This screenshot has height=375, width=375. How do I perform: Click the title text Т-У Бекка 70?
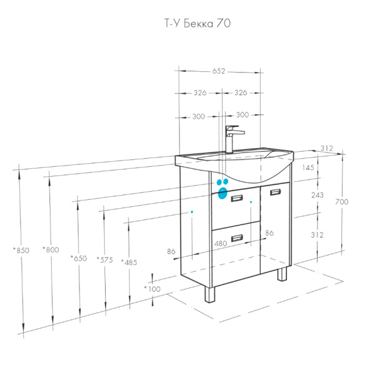pos(197,24)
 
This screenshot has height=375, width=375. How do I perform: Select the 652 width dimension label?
pos(219,71)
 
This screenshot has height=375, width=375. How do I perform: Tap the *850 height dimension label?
pos(21,251)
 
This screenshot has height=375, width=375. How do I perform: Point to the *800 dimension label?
pos(51,249)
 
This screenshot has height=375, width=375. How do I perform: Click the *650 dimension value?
pos(79,258)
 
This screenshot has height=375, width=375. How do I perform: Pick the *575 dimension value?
pos(104,259)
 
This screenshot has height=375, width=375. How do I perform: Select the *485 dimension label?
pos(129,262)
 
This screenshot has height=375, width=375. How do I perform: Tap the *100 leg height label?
pos(152,289)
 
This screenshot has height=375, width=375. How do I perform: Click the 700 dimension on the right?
pos(342,202)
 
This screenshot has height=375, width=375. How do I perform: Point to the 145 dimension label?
pos(308,167)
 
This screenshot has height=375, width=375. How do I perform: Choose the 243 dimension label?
pos(317,195)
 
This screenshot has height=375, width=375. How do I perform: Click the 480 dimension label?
pos(221,244)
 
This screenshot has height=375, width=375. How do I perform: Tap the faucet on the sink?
pos(232,139)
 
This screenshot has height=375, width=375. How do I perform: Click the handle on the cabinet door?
pos(275,192)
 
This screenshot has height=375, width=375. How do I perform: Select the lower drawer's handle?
pos(237,238)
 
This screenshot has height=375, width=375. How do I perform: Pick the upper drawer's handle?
pos(237,198)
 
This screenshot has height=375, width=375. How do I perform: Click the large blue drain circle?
pos(222,193)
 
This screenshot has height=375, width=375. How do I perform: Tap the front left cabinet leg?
pos(210,294)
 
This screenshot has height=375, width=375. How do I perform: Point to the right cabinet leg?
pos(282,274)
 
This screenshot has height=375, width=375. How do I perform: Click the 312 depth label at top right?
pos(327,148)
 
